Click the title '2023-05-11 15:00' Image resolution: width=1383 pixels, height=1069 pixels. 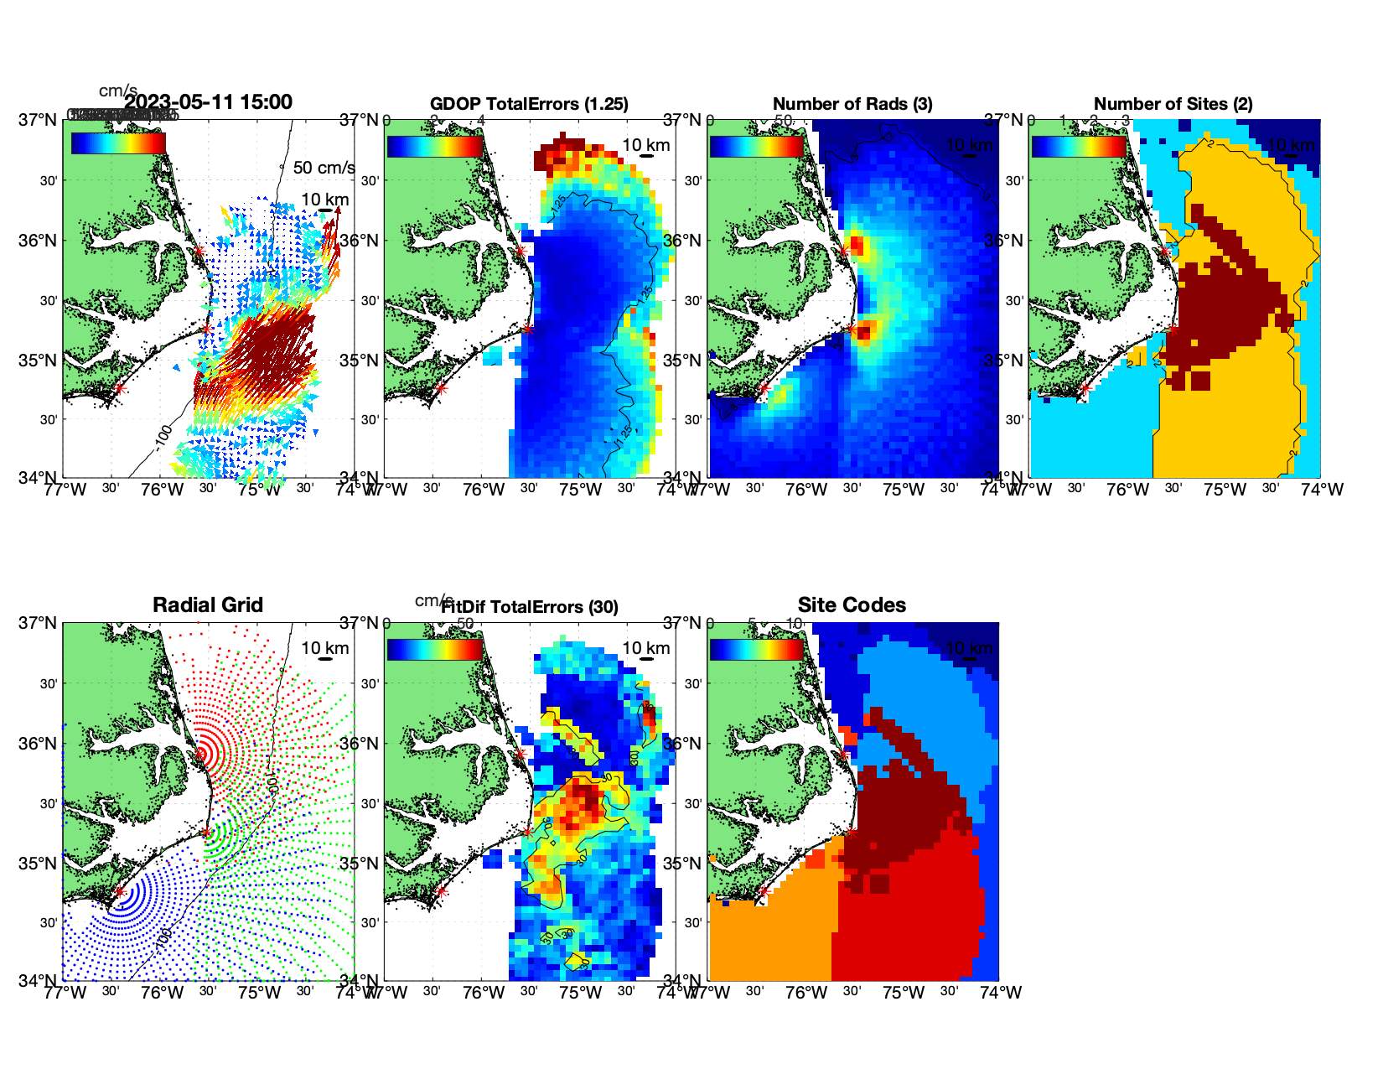pos(209,102)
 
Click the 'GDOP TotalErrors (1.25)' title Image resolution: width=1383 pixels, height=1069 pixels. pos(529,104)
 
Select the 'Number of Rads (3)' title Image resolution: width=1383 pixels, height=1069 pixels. pos(852,104)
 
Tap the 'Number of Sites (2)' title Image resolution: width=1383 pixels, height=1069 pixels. pos(1173,104)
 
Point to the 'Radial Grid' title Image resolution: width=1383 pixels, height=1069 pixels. pos(208,605)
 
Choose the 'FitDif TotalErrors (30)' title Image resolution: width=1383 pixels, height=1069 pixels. pos(530,607)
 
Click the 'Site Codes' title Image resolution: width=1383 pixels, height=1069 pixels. pos(852,605)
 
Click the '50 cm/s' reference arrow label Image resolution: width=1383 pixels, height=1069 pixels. pos(324,168)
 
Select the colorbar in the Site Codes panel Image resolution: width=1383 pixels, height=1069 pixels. pos(757,650)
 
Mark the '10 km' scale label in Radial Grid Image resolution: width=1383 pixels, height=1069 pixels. pos(324,648)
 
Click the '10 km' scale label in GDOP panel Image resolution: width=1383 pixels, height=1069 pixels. pos(645,145)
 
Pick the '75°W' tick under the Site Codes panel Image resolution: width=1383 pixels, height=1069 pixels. pos(904,993)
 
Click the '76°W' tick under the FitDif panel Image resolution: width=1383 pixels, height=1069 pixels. pos(484,993)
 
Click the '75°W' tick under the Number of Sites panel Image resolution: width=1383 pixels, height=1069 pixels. pos(1225,490)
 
